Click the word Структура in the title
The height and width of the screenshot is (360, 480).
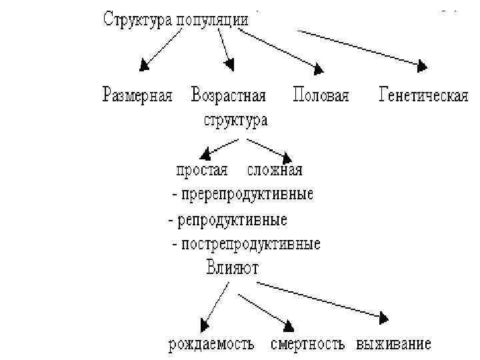pos(138,19)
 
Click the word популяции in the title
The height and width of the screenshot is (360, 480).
pos(213,20)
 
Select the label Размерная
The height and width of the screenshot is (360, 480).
pos(137,96)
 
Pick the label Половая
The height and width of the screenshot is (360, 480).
pos(321,96)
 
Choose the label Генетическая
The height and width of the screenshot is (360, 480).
pos(423,96)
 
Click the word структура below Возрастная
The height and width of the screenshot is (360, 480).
pos(235,121)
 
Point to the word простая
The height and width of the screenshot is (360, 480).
pos(202,170)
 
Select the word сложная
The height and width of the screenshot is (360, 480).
pos(275,170)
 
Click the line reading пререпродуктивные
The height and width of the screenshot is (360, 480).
pos(245,195)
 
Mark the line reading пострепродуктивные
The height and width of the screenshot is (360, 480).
pos(249,244)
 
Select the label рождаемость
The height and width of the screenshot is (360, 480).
pos(211,345)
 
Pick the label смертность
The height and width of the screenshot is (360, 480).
pos(307,345)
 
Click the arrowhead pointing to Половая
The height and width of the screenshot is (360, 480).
pos(319,68)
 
